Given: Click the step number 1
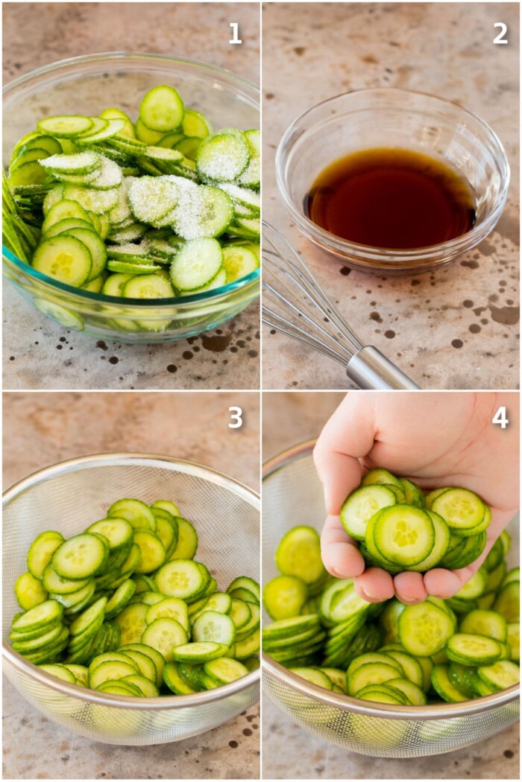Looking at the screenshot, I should tap(235, 34).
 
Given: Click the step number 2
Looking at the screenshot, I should tap(500, 34).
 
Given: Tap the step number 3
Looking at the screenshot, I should tap(235, 418).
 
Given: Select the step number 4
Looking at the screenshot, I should tap(500, 418).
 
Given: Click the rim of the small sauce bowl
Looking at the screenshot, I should tap(391, 93).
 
